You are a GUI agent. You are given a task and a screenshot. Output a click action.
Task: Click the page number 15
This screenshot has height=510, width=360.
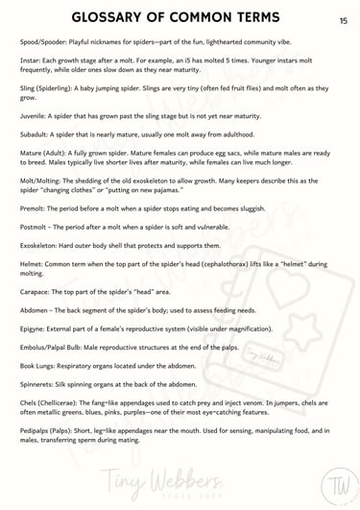click(344, 19)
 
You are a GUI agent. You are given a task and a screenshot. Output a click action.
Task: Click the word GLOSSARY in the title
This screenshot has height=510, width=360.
click(114, 18)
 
